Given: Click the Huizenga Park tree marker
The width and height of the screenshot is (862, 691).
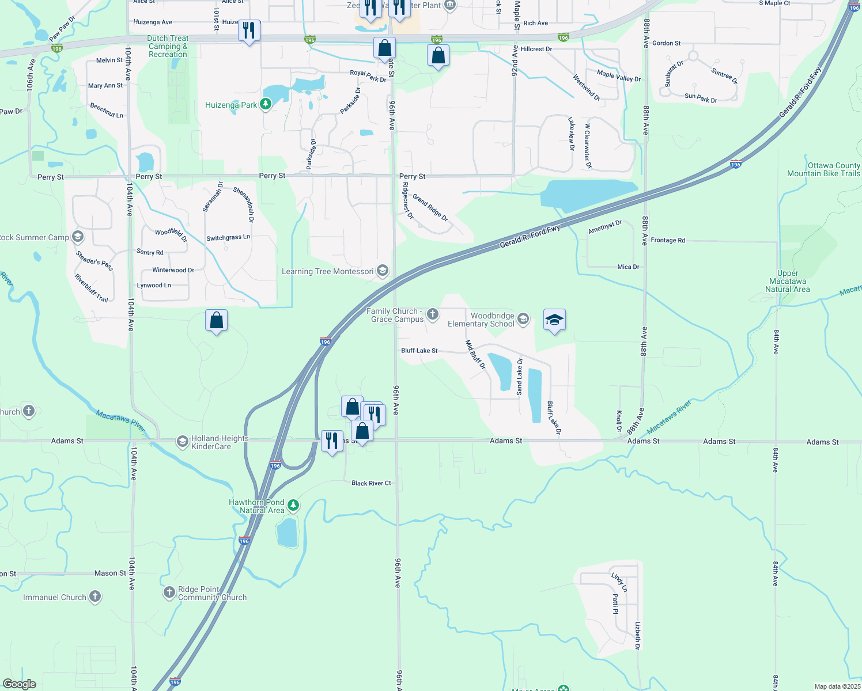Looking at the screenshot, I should click(x=265, y=104).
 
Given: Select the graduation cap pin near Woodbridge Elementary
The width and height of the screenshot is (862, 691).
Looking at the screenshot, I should click(x=554, y=320).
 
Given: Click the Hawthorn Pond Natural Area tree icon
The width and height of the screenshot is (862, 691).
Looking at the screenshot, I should click(x=293, y=505).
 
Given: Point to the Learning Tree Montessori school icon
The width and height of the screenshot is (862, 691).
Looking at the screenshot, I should click(x=382, y=271).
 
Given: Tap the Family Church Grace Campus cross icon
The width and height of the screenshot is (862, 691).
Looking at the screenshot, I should click(x=433, y=314).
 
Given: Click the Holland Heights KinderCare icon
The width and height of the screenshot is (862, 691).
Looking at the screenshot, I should click(x=182, y=442).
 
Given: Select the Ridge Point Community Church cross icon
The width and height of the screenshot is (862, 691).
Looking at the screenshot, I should click(x=169, y=592).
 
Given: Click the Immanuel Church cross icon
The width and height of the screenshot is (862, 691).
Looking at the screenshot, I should click(x=95, y=597).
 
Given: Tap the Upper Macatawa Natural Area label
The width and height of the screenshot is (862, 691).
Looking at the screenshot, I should click(x=787, y=282).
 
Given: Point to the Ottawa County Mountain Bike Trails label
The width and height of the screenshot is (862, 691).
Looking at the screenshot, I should click(x=823, y=169).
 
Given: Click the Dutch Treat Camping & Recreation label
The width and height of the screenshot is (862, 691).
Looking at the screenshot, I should click(x=168, y=46).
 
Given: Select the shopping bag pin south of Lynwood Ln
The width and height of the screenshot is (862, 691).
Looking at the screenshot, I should click(x=216, y=320).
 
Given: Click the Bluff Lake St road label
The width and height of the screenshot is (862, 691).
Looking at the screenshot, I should click(x=419, y=351).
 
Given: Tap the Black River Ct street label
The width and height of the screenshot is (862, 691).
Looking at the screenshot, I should click(x=371, y=483).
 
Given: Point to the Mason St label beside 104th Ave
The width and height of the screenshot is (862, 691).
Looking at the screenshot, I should click(x=110, y=574).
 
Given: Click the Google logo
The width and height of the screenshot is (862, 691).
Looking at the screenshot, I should click(x=20, y=684).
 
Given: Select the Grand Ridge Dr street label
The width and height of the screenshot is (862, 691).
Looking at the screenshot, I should click(x=430, y=208).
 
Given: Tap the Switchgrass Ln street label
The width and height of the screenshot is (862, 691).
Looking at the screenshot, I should click(x=228, y=238).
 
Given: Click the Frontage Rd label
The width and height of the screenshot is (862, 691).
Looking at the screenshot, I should click(x=668, y=240).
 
